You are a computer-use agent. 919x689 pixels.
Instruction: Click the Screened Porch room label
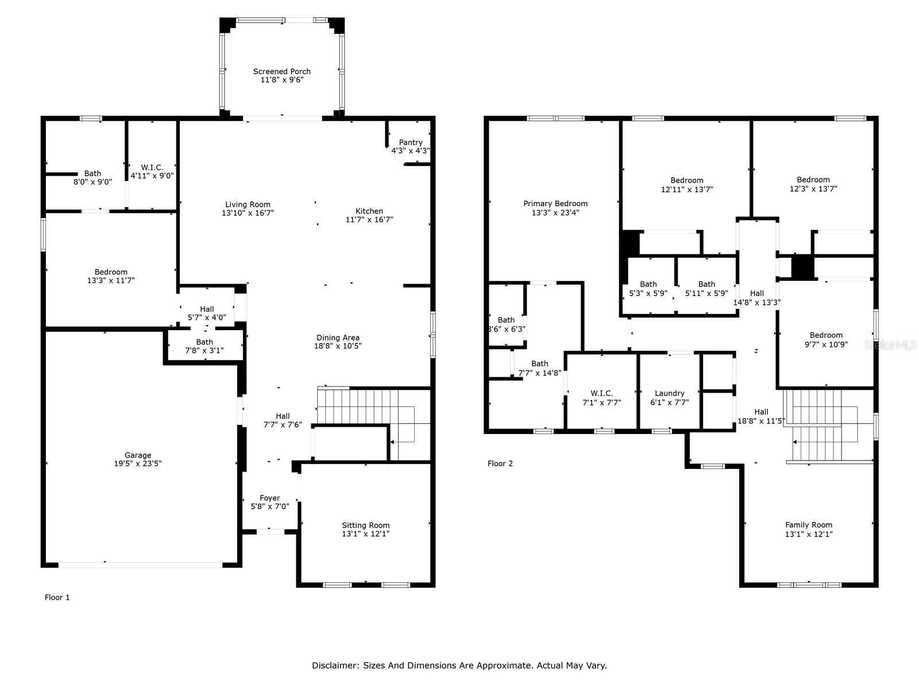coord(281,72)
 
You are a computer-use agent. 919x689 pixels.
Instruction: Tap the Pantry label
coord(411,142)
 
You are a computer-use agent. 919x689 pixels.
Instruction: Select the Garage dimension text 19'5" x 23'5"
coord(138,464)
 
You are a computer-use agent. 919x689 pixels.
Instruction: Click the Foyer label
coord(269,498)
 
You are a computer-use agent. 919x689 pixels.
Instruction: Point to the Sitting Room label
coord(365,525)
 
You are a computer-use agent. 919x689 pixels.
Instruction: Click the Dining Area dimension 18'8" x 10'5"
coord(338,346)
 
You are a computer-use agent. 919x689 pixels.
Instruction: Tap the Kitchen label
coord(369,211)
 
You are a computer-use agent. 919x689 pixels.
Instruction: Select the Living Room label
coord(248,204)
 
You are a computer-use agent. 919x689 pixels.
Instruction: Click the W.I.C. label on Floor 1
coord(152,168)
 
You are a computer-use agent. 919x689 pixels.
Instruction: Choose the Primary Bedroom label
coord(555,204)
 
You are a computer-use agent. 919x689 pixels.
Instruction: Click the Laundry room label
coord(669,393)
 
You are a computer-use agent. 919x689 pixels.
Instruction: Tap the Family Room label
coord(809,525)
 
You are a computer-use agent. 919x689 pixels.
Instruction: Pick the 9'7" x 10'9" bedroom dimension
coord(826,344)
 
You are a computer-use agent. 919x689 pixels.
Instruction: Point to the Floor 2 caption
coord(500,463)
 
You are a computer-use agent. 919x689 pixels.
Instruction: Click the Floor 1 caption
coord(57,597)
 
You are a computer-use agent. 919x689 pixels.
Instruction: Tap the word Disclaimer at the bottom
coord(335,665)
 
